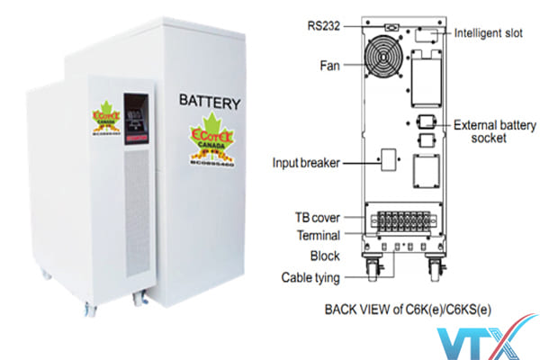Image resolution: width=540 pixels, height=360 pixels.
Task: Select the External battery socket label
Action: click(x=495, y=131)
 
